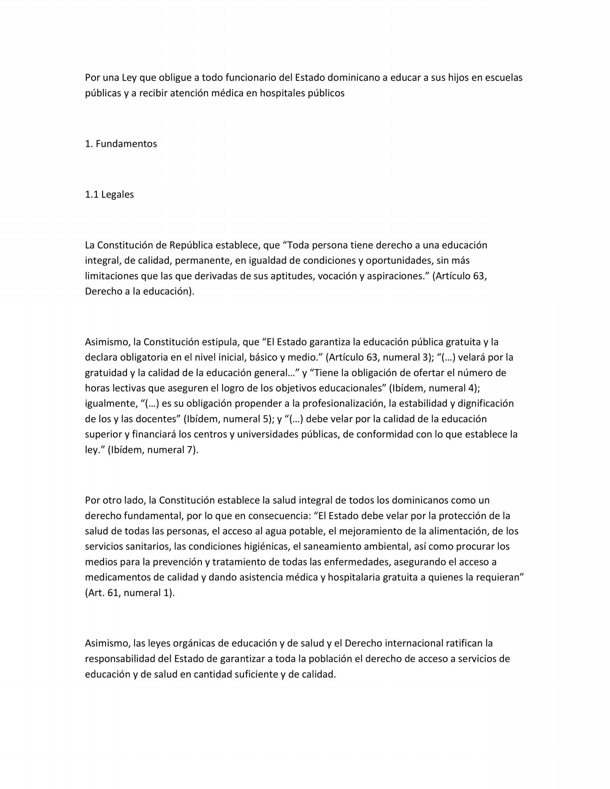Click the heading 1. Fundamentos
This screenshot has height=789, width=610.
121,144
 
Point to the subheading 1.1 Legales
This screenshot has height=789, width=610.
109,194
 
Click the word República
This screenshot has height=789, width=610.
191,245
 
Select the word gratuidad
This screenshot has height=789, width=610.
105,373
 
